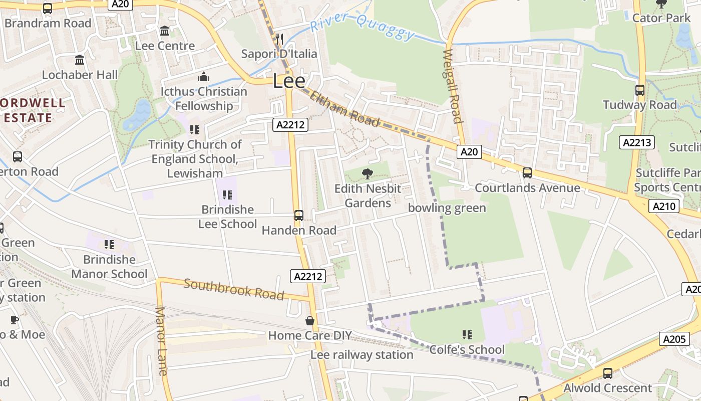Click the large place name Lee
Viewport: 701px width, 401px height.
289,81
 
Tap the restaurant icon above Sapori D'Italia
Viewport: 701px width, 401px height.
279,39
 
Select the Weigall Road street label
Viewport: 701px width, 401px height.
452,86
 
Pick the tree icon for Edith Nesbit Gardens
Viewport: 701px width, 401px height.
368,174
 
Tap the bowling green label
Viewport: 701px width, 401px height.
447,208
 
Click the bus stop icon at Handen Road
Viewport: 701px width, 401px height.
299,216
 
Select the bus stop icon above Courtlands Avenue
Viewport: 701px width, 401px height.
527,173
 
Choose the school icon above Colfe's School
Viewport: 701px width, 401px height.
467,334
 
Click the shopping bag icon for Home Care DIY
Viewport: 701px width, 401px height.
310,321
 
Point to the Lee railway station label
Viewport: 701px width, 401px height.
362,355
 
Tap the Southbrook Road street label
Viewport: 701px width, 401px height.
234,289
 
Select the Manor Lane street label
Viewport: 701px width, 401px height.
161,341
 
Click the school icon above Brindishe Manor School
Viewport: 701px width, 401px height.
109,245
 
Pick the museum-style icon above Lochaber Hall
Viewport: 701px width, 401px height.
79,60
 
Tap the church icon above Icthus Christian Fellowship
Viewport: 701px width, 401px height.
203,77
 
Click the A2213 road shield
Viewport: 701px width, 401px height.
636,142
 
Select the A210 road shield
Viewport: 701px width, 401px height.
664,206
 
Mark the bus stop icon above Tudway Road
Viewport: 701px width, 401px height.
639,90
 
